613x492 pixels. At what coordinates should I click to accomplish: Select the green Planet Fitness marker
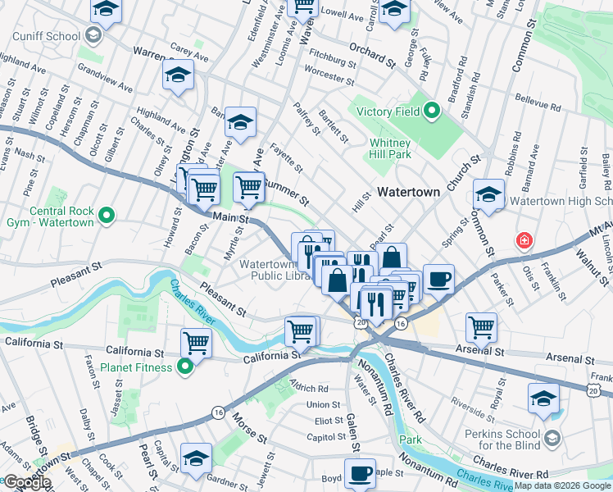click(185, 367)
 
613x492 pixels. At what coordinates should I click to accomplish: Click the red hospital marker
click(522, 241)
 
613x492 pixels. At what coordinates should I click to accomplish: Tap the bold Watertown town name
click(409, 192)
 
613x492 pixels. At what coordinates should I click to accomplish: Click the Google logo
click(26, 482)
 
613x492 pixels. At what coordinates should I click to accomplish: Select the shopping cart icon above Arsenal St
click(481, 326)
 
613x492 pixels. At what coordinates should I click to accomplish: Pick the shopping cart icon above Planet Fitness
click(196, 340)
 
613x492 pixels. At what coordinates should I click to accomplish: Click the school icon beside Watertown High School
click(488, 194)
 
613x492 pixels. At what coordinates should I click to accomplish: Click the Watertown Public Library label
click(275, 271)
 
